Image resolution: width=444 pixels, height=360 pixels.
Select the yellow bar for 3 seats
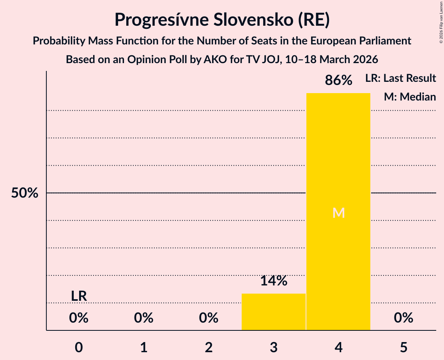click(x=274, y=312)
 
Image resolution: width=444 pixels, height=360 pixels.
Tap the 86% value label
click(x=338, y=81)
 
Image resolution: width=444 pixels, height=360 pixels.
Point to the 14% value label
click(x=274, y=281)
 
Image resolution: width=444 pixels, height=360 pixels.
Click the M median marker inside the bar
click(x=338, y=213)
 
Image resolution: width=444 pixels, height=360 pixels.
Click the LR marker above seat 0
click(x=79, y=296)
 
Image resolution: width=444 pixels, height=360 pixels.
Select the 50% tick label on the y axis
click(x=25, y=193)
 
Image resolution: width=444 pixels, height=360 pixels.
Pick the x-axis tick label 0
click(x=79, y=347)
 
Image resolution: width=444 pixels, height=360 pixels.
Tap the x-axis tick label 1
click(x=144, y=347)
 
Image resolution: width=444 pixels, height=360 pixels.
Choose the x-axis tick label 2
click(x=209, y=347)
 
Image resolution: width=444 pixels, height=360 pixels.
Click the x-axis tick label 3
click(x=274, y=347)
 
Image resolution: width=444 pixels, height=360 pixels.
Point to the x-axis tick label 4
click(x=338, y=347)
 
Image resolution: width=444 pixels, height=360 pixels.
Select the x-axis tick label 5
click(x=403, y=347)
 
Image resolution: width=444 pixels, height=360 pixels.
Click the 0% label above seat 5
click(x=403, y=318)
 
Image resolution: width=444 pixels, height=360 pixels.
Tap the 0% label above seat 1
click(x=144, y=318)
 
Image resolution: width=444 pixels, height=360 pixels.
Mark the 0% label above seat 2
click(x=209, y=318)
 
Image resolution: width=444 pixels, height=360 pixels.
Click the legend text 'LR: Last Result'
click(x=400, y=78)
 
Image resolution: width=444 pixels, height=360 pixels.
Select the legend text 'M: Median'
click(x=410, y=97)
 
